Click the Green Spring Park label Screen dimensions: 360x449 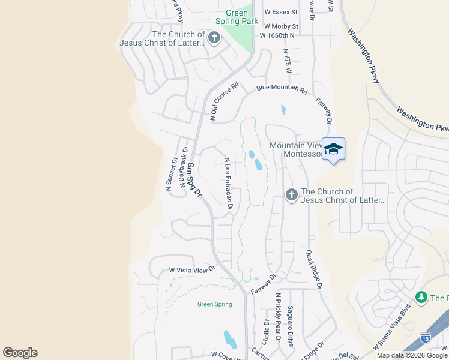point(242,17)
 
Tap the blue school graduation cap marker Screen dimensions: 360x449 point(333,150)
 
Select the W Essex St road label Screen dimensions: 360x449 point(279,12)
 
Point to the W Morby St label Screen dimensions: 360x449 point(279,26)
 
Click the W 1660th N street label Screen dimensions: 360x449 point(277,35)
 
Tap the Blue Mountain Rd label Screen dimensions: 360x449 point(282,89)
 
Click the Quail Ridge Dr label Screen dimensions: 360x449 point(314,271)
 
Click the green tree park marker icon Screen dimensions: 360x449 point(421,298)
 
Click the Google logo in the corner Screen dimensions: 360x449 point(20,353)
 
